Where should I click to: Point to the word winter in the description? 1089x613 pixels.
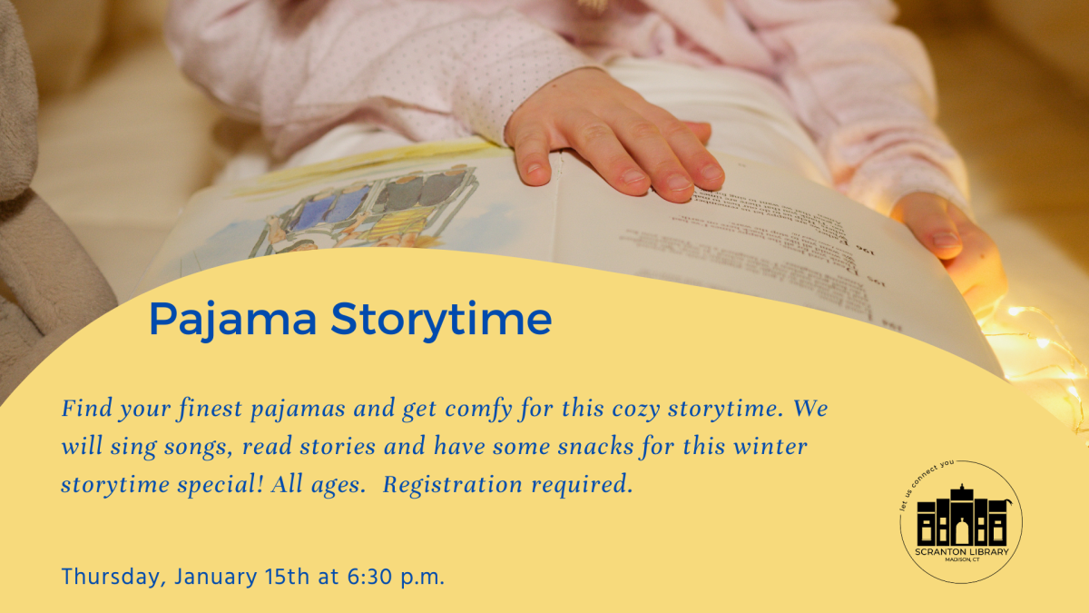pos(763,447)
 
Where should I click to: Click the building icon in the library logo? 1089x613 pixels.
pos(961,518)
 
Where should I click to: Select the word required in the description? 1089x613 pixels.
pos(585,485)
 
